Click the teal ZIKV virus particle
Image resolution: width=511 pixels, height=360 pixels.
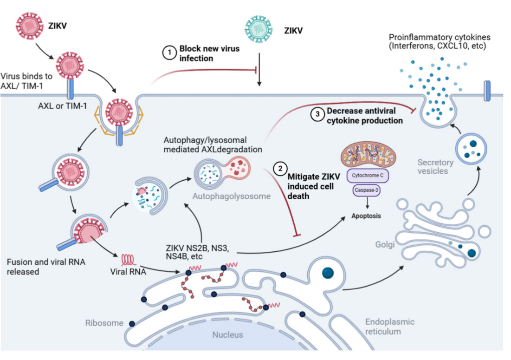point(258,31)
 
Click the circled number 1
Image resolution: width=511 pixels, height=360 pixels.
point(169,53)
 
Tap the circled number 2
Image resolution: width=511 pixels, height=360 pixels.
point(280,170)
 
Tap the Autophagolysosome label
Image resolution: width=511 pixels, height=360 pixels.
point(232,196)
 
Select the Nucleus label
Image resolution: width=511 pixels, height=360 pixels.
point(227,334)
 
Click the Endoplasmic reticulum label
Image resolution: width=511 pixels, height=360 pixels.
point(383,326)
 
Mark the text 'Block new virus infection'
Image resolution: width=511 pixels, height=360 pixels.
point(209,53)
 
